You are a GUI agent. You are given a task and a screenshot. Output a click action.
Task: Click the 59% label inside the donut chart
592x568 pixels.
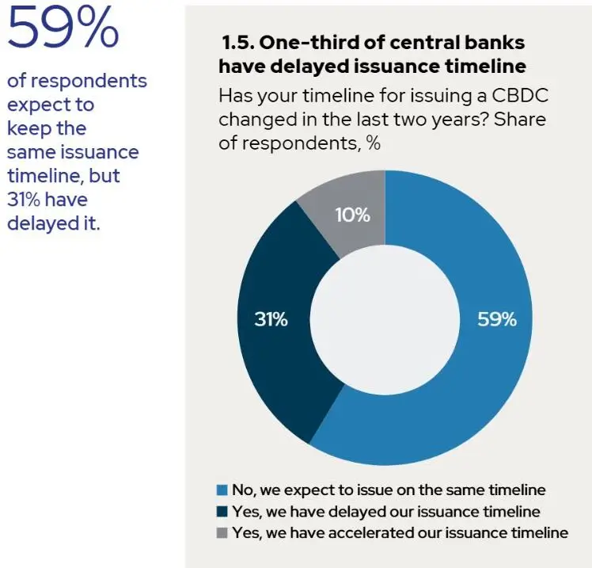(x=497, y=319)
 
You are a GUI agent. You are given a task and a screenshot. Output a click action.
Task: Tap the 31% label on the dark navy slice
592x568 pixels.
(x=271, y=319)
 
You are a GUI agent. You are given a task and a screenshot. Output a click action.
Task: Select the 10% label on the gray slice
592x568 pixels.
(x=353, y=215)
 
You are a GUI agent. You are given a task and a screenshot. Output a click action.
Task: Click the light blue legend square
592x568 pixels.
(x=222, y=490)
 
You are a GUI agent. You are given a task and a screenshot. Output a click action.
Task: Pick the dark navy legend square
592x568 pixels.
(x=222, y=511)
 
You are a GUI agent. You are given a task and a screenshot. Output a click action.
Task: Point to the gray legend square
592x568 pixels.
(x=222, y=532)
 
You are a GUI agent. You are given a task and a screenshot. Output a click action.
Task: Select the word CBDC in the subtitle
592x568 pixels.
(x=519, y=96)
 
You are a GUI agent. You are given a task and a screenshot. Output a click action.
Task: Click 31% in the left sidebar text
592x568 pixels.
(x=24, y=200)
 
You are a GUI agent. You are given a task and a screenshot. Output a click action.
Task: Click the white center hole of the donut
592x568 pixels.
(x=385, y=318)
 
